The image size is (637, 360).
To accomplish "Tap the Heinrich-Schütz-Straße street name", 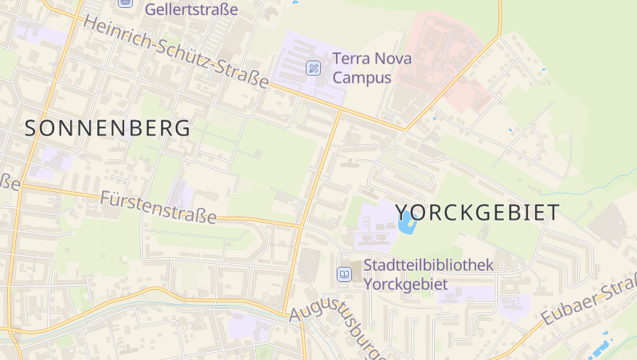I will pyautogui.click(x=176, y=50).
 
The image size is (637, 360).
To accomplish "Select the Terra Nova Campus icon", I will pyautogui.click(x=315, y=67).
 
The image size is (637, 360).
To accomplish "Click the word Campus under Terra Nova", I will pyautogui.click(x=362, y=77).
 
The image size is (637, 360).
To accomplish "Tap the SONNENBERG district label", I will pyautogui.click(x=108, y=128).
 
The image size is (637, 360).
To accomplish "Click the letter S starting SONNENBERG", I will pyautogui.click(x=32, y=128).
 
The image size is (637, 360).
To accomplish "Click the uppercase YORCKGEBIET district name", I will pyautogui.click(x=477, y=213).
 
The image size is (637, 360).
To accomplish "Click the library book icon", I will pyautogui.click(x=344, y=274).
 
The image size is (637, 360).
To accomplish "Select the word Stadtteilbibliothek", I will pyautogui.click(x=428, y=265).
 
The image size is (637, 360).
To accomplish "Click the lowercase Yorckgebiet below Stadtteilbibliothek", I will pyautogui.click(x=405, y=284).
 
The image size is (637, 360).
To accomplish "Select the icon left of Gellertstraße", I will pyautogui.click(x=125, y=2).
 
